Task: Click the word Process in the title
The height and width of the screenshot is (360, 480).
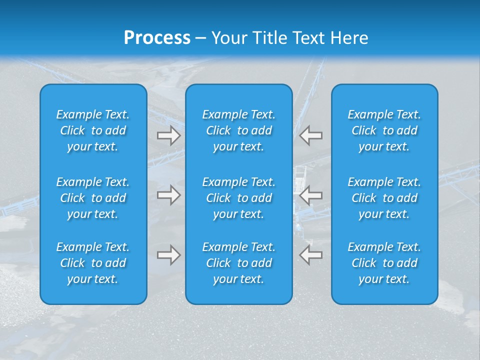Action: click(157, 38)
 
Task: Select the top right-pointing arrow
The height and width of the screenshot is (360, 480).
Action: click(169, 135)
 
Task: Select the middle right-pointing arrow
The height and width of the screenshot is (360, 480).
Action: click(169, 195)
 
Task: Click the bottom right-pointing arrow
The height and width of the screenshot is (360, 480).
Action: click(169, 255)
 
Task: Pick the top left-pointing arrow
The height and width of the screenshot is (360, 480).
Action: click(310, 135)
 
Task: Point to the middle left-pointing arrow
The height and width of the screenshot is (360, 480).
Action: click(310, 195)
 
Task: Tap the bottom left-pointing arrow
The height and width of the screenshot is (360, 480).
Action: click(310, 255)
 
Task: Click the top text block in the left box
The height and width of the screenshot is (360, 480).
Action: click(93, 130)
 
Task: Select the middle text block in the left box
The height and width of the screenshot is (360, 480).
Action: click(93, 198)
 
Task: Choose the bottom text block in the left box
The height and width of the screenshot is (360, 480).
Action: click(93, 263)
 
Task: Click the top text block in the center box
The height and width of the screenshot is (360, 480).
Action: click(238, 130)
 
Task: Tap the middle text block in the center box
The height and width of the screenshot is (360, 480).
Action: click(238, 198)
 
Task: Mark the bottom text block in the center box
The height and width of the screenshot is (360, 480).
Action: click(238, 263)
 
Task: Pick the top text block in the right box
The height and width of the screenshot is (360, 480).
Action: click(384, 130)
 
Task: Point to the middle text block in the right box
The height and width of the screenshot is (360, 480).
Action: click(384, 198)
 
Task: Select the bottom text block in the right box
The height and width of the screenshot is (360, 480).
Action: click(384, 263)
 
